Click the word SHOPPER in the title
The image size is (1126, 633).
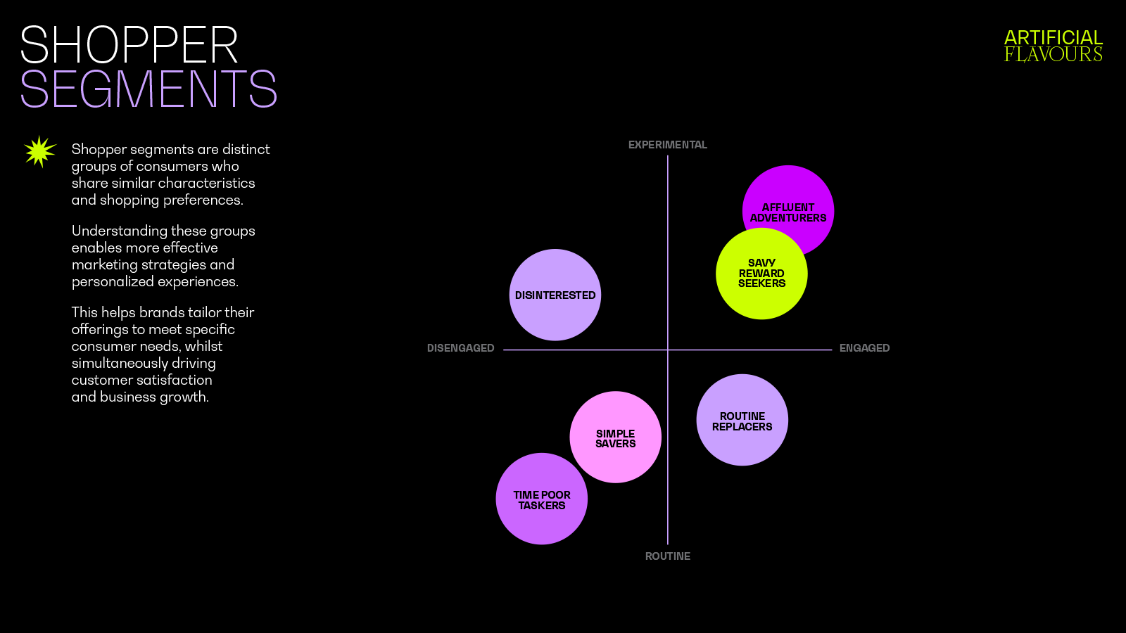pos(129,46)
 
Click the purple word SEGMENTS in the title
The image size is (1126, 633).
pos(148,89)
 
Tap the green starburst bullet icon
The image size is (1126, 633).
pos(39,151)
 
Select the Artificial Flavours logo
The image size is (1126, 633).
pos(1053,46)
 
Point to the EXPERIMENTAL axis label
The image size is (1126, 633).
pos(667,145)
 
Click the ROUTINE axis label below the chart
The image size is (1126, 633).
pos(667,556)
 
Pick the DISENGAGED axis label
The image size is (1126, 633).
pos(460,348)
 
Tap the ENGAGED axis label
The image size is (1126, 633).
pos(864,348)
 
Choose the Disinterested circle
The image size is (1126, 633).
pos(555,295)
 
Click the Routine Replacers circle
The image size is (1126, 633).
pos(742,420)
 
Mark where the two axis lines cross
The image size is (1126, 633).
pos(667,350)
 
